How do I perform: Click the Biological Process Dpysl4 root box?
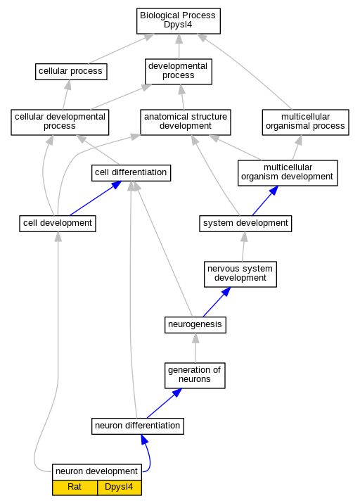click(179, 21)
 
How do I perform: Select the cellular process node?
click(71, 72)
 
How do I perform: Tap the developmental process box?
click(179, 72)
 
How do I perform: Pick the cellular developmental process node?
click(60, 122)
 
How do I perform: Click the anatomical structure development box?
click(186, 122)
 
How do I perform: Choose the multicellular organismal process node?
click(305, 122)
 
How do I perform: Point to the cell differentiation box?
click(131, 173)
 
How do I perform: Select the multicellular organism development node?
click(288, 173)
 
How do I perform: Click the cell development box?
click(58, 224)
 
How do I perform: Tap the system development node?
click(245, 224)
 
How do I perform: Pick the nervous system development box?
click(240, 274)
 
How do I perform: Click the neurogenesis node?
click(195, 325)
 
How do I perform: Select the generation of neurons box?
click(195, 376)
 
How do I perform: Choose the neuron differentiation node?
click(138, 426)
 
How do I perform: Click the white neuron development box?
click(97, 472)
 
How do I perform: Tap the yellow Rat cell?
click(75, 488)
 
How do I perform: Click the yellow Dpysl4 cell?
click(120, 488)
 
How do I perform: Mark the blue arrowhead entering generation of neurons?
click(176, 393)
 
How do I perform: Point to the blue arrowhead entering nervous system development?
click(226, 291)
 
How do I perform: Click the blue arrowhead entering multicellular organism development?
click(274, 190)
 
